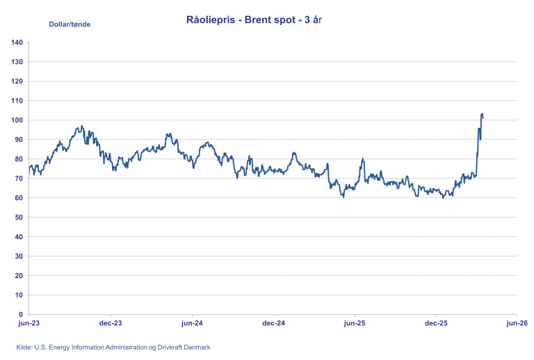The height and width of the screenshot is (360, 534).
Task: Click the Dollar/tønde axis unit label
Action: [x=70, y=24]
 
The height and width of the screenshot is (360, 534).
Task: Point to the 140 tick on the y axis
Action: [x=17, y=43]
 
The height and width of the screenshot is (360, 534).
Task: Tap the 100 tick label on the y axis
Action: [x=17, y=120]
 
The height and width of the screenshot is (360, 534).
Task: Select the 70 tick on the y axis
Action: [x=19, y=179]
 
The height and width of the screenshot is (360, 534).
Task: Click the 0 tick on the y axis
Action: [x=21, y=314]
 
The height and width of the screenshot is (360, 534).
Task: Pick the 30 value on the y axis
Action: [x=19, y=256]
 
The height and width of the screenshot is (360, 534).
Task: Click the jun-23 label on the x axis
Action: [x=29, y=323]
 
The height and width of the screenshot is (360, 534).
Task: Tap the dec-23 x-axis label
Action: [x=111, y=323]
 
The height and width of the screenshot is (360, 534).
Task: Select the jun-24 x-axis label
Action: [x=192, y=323]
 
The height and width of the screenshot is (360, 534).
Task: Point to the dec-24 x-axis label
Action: [x=273, y=323]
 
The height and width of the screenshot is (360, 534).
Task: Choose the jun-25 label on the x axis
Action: [x=355, y=323]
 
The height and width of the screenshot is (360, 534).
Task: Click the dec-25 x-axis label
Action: [x=436, y=323]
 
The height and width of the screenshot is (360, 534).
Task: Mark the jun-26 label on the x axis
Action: [x=517, y=323]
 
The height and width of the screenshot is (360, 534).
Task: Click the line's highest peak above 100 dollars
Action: [x=482, y=114]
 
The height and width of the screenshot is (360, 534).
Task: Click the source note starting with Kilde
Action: [x=113, y=347]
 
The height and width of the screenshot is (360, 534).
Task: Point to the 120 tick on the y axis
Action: [x=17, y=81]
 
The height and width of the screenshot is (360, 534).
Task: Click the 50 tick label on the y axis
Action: [x=19, y=218]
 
